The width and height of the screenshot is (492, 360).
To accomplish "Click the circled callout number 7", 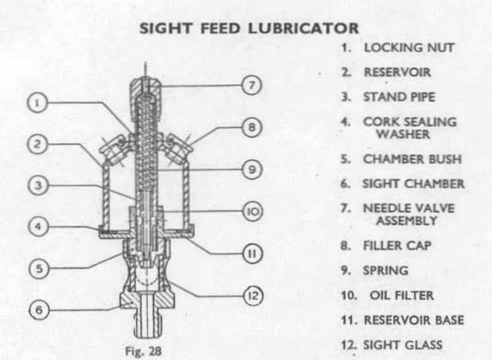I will pyautogui.click(x=251, y=85).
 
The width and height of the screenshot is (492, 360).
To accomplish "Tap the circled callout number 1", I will pyautogui.click(x=37, y=103).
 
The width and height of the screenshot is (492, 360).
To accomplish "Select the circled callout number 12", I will pyautogui.click(x=253, y=296).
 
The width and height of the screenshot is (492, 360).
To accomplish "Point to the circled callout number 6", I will pyautogui.click(x=39, y=310).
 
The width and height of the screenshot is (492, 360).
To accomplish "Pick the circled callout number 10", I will pyautogui.click(x=253, y=211).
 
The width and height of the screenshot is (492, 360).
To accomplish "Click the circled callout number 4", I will pyautogui.click(x=38, y=227).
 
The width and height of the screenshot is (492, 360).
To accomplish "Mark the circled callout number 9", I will pyautogui.click(x=252, y=169).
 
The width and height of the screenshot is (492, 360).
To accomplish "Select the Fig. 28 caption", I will pyautogui.click(x=143, y=351).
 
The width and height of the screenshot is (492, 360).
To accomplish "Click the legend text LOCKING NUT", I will pyautogui.click(x=409, y=48).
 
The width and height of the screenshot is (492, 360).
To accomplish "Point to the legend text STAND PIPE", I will pyautogui.click(x=399, y=97).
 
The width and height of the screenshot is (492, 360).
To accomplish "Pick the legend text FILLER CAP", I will pyautogui.click(x=397, y=246).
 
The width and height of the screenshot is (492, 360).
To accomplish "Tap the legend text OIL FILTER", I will pyautogui.click(x=402, y=296).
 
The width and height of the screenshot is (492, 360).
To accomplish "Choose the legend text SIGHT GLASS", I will pyautogui.click(x=403, y=345).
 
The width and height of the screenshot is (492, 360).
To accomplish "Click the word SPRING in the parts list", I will pyautogui.click(x=385, y=270).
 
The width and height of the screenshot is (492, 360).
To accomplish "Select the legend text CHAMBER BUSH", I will pyautogui.click(x=412, y=159).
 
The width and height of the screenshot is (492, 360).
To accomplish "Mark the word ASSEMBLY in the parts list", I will pyautogui.click(x=407, y=221).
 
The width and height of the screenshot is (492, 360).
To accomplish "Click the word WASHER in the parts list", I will pyautogui.click(x=403, y=134).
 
